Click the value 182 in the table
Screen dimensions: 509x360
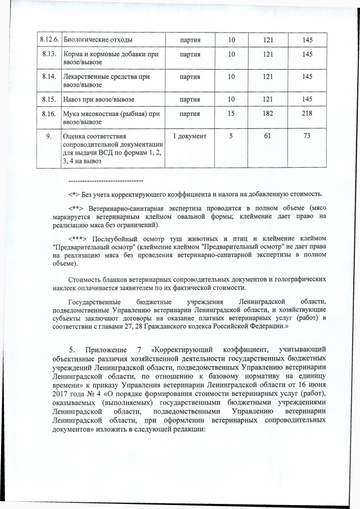point(267,114)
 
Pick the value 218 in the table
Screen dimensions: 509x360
point(307,114)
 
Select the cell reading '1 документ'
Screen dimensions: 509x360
point(190,136)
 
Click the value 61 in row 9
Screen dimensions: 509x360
point(267,136)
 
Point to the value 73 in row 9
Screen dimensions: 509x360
point(307,136)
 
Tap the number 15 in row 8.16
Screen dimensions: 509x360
point(231,114)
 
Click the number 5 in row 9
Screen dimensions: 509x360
point(231,136)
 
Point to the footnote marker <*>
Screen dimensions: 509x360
point(75,195)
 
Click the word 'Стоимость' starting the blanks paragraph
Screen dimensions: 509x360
point(85,280)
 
